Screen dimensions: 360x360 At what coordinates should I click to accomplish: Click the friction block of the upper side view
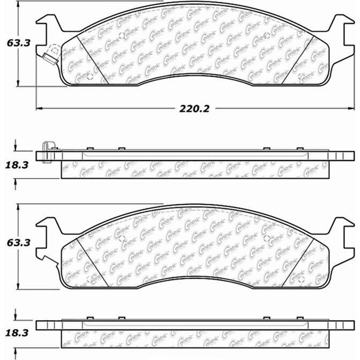tap(193, 170)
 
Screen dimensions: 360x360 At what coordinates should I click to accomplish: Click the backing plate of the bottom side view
tap(193, 325)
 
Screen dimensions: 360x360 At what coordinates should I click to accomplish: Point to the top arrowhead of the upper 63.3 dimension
tap(18, 3)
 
